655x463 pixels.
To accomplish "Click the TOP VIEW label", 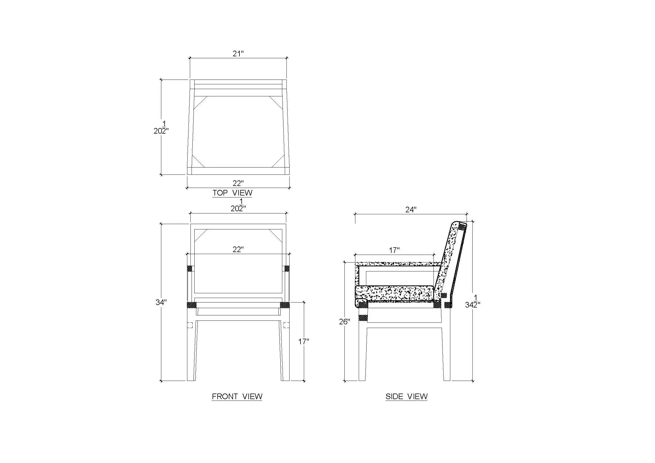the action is tap(232, 193).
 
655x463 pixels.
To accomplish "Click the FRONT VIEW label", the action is tap(237, 396).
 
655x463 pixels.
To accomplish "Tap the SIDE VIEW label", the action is tap(407, 396).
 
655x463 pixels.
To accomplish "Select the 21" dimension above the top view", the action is tap(238, 53).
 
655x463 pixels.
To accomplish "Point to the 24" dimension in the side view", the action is tap(411, 210).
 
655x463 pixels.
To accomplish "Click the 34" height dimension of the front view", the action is tap(161, 302).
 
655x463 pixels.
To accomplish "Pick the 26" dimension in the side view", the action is tap(344, 322).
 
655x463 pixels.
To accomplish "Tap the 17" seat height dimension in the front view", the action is tap(304, 341).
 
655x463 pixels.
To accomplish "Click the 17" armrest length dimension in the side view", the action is tap(394, 250).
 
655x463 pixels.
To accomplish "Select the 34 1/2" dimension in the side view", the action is tap(473, 302).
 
